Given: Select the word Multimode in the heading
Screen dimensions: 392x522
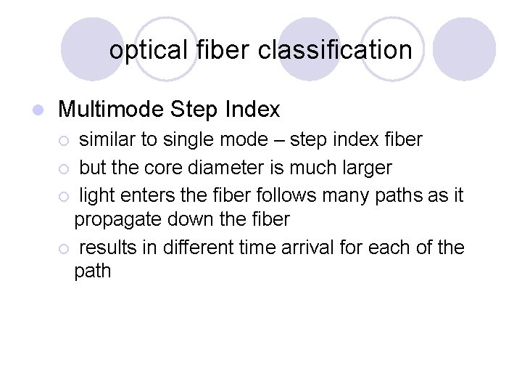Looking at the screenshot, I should (111, 110).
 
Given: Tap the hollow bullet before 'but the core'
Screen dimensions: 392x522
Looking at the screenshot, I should (65, 169).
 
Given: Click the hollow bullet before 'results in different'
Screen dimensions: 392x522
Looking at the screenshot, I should (65, 249).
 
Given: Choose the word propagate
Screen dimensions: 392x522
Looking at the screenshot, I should (120, 219).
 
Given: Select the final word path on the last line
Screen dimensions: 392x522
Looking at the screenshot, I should (93, 271).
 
